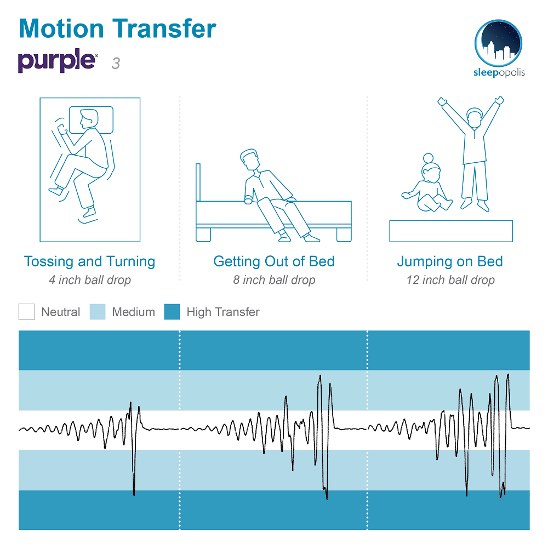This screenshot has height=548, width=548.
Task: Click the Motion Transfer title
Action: (x=117, y=28)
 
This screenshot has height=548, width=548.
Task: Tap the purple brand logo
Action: (x=58, y=61)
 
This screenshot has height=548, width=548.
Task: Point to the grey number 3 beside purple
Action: (x=116, y=63)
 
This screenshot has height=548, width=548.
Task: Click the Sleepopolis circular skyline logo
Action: (x=498, y=43)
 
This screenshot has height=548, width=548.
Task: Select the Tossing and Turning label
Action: (x=89, y=262)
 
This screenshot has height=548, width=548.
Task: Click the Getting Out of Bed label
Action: (x=274, y=261)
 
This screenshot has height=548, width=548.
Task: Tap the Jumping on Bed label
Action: (x=450, y=262)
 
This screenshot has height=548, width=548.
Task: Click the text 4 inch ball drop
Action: (x=90, y=280)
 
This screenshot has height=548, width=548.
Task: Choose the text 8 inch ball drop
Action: (x=274, y=280)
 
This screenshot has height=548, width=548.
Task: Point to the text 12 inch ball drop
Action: (x=450, y=280)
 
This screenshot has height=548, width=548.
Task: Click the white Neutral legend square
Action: (x=26, y=312)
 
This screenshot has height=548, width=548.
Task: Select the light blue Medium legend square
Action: (x=98, y=312)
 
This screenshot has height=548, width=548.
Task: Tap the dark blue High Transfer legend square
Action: (x=172, y=312)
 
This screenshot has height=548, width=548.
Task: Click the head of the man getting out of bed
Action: (x=250, y=159)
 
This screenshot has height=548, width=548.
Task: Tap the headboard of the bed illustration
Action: (x=198, y=182)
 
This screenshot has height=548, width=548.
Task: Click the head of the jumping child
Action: (x=475, y=118)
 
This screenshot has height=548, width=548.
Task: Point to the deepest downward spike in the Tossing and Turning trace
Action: (x=134, y=494)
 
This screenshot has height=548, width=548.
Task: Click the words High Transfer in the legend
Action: (x=223, y=312)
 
